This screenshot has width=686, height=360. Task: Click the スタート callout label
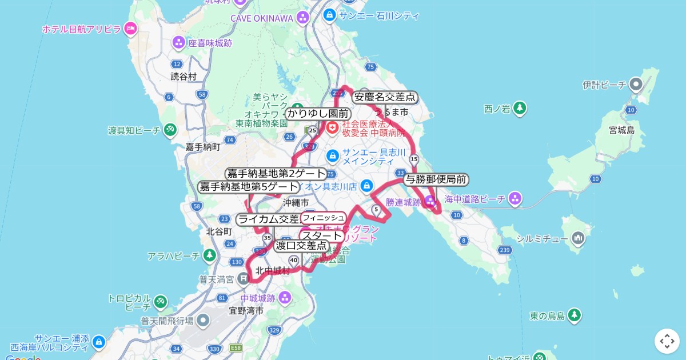coord(322,235)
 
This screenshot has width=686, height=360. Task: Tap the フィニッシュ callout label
coord(324,218)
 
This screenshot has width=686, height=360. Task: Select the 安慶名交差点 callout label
coord(385,97)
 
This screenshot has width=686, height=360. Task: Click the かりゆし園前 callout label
coord(317,114)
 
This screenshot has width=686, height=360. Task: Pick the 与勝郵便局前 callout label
coord(436,180)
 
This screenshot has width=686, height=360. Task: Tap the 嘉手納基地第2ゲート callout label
coord(277,174)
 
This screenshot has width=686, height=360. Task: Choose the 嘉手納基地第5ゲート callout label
coord(249,187)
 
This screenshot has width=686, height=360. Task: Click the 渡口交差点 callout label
coord(301,246)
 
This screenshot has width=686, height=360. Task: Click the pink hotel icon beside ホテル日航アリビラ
coord(130,28)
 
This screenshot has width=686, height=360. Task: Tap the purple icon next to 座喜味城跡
coord(179,42)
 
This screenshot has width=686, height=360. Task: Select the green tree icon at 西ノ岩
coord(519,108)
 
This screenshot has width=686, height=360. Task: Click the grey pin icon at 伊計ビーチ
coord(636,85)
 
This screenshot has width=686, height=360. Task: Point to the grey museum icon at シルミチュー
coord(577,238)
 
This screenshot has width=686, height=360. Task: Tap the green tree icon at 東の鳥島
coord(574,315)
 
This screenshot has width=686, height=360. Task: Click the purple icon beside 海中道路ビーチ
coord(515,199)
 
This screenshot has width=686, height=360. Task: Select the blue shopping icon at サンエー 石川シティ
coord(329,15)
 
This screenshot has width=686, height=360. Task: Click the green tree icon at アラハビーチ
coord(210,255)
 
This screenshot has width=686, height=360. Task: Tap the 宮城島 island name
coord(622,130)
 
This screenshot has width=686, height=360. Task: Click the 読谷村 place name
coord(183,76)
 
